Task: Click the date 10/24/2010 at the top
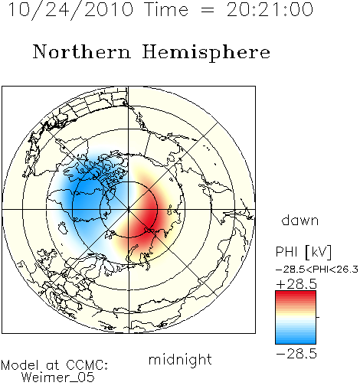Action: click(x=71, y=10)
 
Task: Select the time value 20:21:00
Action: click(x=270, y=10)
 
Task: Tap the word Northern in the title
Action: click(x=82, y=52)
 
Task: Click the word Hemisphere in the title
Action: click(x=206, y=53)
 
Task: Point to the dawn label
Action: click(x=300, y=220)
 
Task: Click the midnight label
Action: click(x=180, y=360)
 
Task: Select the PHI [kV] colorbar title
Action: click(x=303, y=252)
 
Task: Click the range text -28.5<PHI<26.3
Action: click(x=317, y=270)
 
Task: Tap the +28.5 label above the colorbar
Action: click(x=296, y=284)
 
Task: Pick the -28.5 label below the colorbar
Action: click(x=296, y=354)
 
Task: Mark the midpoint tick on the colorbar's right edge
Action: click(x=318, y=317)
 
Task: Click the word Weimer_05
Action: click(x=58, y=377)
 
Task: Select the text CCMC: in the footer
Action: click(x=87, y=365)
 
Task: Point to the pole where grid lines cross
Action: click(x=129, y=210)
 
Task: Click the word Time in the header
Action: click(x=166, y=10)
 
